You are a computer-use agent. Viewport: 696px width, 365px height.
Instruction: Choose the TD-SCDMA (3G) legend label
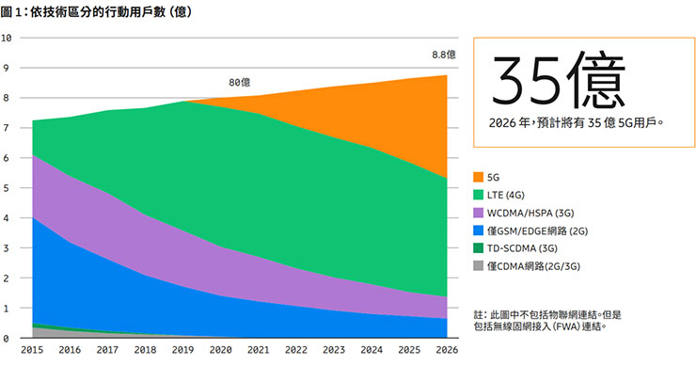(534, 250)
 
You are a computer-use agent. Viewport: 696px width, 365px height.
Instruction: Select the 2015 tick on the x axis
(33, 350)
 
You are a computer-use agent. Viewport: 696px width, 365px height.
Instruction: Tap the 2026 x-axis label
(446, 350)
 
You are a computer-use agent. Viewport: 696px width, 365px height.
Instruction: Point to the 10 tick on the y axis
(8, 39)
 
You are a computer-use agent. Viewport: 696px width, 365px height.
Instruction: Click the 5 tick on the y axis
(8, 188)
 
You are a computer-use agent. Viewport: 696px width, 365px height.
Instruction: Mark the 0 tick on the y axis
(8, 338)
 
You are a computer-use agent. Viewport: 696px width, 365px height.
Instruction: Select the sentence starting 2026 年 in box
(577, 121)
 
